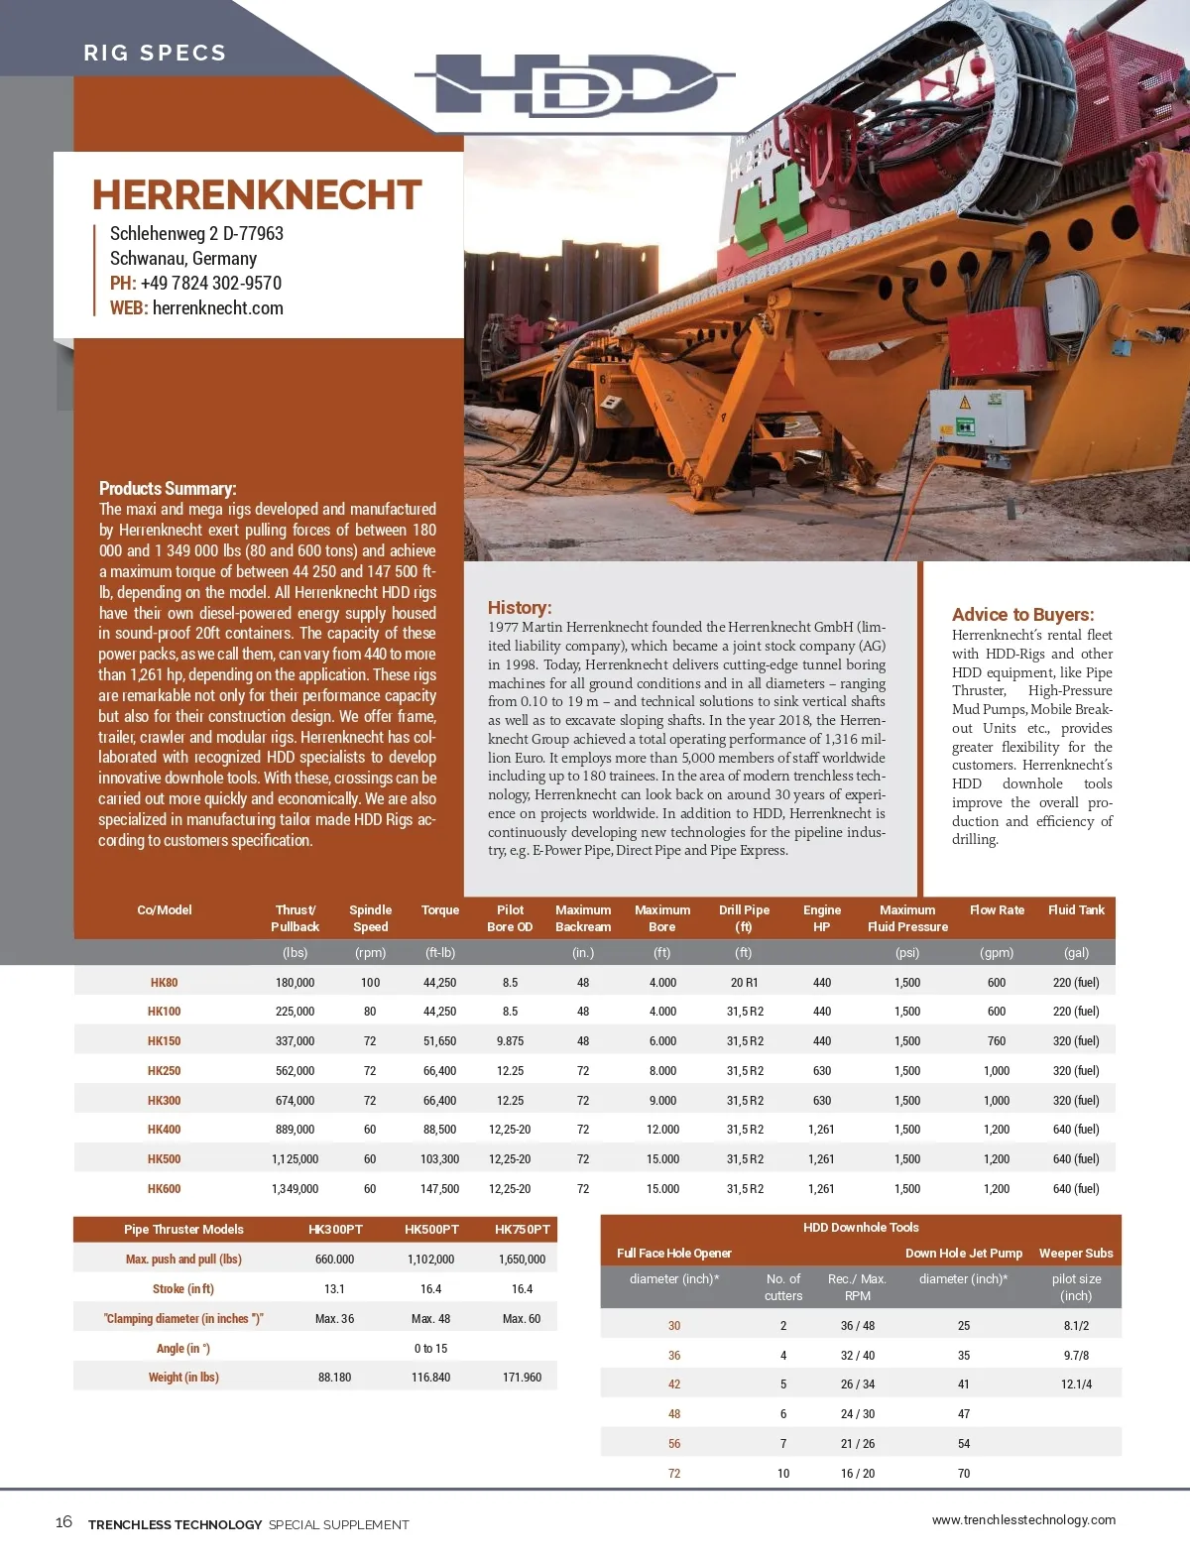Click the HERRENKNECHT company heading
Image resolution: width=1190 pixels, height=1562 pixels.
pyautogui.click(x=257, y=195)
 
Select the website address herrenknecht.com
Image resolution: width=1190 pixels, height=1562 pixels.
pyautogui.click(x=217, y=308)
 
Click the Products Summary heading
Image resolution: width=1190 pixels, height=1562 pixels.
pyautogui.click(x=168, y=488)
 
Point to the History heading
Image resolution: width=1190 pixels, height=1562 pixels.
pyautogui.click(x=519, y=607)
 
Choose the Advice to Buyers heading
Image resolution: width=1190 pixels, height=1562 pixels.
pyautogui.click(x=1022, y=614)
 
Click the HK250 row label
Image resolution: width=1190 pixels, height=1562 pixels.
pyautogui.click(x=164, y=1071)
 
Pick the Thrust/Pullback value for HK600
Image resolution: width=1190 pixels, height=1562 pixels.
pyautogui.click(x=295, y=1189)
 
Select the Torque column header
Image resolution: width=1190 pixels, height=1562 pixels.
pyautogui.click(x=439, y=910)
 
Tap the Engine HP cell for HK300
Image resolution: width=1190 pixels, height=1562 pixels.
pyautogui.click(x=821, y=1101)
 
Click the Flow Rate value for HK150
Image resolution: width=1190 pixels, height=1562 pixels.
pyautogui.click(x=996, y=1041)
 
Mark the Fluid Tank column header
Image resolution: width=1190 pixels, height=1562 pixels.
pyautogui.click(x=1076, y=910)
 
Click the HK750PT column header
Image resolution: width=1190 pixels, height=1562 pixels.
pyautogui.click(x=522, y=1230)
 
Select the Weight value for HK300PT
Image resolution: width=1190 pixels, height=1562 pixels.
pyautogui.click(x=334, y=1378)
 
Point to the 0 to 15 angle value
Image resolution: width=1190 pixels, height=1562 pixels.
pyautogui.click(x=430, y=1349)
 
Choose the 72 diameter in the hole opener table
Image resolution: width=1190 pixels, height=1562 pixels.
pyautogui.click(x=674, y=1474)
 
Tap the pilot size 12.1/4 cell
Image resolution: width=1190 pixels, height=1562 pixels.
pyautogui.click(x=1076, y=1384)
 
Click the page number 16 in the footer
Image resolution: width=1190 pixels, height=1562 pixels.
pyautogui.click(x=63, y=1522)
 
